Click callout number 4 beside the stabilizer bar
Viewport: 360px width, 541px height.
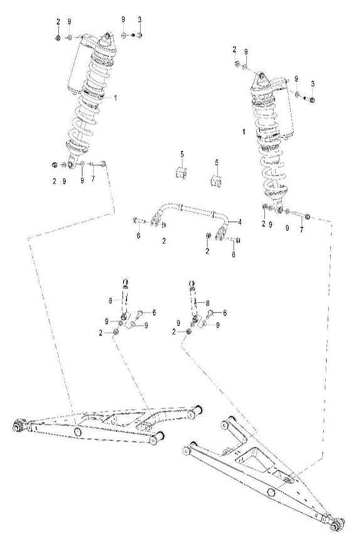(238, 222)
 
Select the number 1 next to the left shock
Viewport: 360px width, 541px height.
(115, 98)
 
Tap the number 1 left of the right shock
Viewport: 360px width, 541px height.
(243, 132)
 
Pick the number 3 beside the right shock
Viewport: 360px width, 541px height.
(312, 83)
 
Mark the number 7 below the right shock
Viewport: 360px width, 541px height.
(300, 230)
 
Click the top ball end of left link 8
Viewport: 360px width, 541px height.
(127, 282)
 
